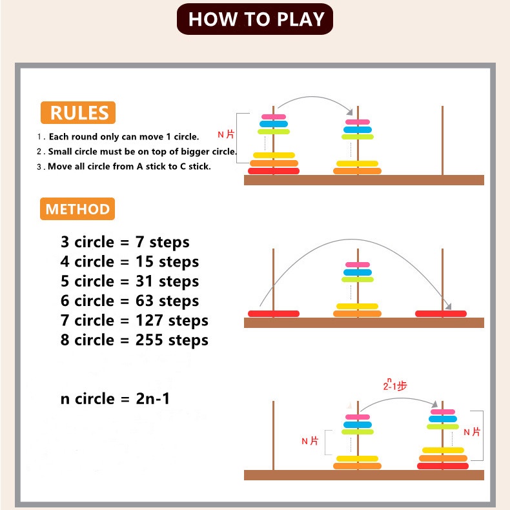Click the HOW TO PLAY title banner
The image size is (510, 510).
click(x=255, y=19)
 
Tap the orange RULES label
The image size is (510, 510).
click(x=77, y=113)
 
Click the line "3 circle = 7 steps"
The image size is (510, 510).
click(x=125, y=242)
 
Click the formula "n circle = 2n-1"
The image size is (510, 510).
click(x=116, y=398)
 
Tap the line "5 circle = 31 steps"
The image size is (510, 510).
click(x=130, y=281)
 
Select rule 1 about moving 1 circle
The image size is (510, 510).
click(x=119, y=137)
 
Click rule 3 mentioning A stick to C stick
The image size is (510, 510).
click(x=125, y=166)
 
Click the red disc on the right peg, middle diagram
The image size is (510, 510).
click(x=440, y=314)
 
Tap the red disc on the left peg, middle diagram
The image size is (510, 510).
click(x=273, y=314)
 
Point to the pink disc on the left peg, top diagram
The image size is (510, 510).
click(x=273, y=117)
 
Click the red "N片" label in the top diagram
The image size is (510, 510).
click(x=226, y=134)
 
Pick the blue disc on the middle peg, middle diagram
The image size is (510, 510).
click(x=357, y=272)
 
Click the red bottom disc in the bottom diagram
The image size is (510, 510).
click(x=442, y=466)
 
